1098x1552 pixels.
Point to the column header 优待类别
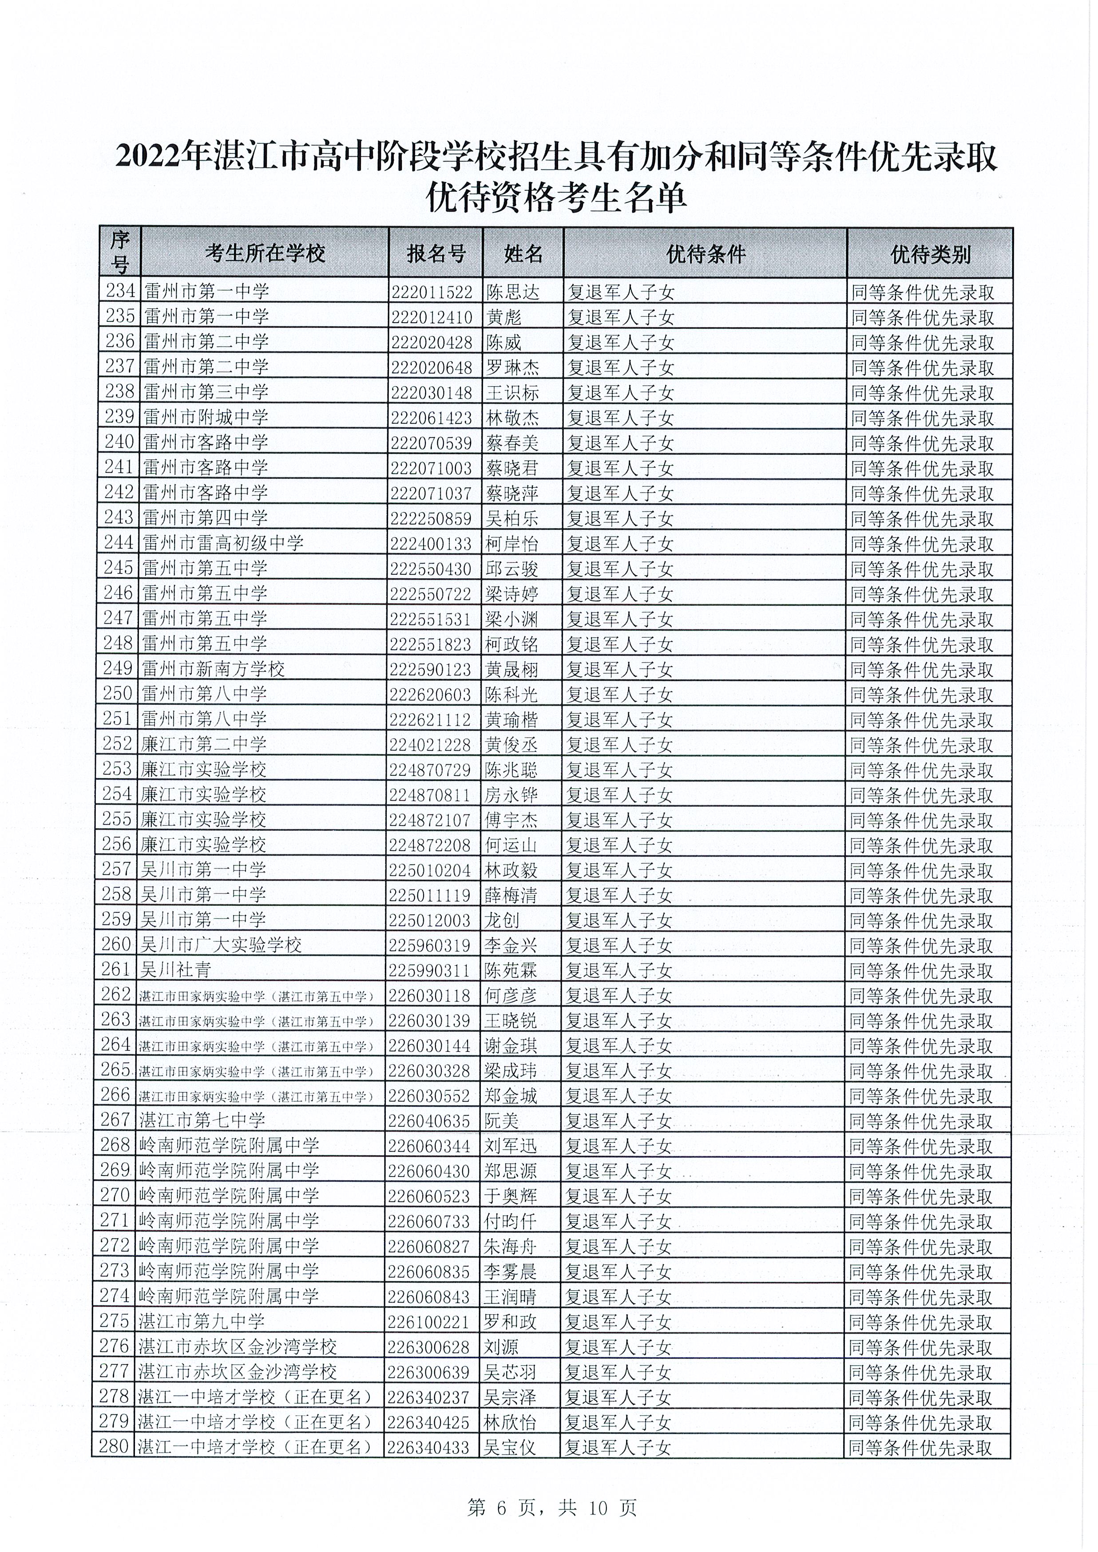930,254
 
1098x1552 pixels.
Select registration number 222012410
432,317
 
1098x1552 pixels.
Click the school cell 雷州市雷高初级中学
223,543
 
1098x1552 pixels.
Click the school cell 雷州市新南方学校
214,669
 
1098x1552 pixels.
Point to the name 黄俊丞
511,744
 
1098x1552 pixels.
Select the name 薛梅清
511,896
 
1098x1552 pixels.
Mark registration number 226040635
429,1122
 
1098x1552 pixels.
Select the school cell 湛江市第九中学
201,1322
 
